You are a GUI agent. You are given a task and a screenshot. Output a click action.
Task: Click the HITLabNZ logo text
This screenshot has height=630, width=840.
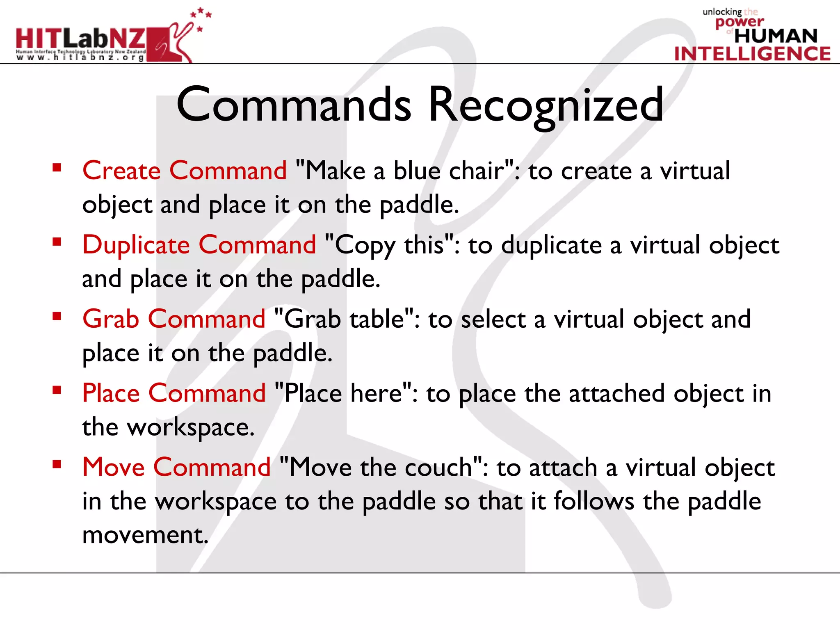point(80,39)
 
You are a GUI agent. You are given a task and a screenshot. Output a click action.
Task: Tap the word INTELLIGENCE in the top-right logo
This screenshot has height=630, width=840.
point(752,54)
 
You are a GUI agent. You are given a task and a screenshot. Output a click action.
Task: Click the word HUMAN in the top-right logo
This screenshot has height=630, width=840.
point(776,36)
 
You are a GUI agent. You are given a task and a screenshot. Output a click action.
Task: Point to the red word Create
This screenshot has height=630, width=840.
point(121,171)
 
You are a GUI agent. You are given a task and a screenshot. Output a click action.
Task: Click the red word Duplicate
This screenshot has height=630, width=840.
point(136,245)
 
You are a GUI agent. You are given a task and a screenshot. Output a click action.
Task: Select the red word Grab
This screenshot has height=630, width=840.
point(111,319)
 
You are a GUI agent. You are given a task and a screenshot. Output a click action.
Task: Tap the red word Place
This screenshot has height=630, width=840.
point(111,393)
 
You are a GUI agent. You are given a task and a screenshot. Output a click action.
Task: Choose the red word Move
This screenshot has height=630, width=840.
point(114,468)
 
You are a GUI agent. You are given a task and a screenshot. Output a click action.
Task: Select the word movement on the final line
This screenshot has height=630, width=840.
point(145,535)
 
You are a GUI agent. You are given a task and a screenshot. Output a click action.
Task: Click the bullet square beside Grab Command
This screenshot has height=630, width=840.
point(57,316)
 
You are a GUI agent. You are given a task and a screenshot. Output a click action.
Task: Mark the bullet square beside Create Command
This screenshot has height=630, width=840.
point(57,168)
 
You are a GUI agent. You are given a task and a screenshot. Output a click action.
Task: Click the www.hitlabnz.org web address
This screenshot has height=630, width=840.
point(80,58)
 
